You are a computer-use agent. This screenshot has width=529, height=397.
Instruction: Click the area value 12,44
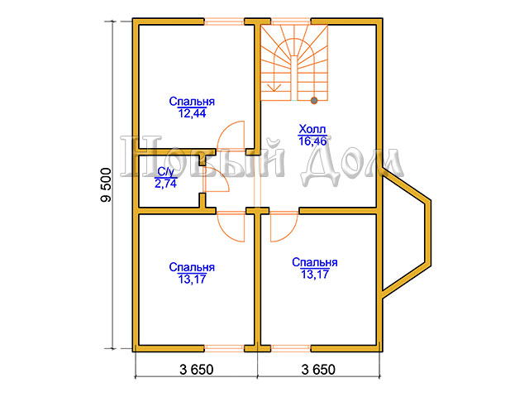[192, 113]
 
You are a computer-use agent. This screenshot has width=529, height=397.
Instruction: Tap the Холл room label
[312, 129]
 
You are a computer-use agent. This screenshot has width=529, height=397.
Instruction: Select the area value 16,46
[312, 141]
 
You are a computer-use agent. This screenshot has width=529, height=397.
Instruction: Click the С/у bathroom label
[165, 172]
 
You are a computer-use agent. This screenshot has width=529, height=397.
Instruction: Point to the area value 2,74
[165, 184]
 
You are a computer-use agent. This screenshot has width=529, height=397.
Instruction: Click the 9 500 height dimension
[106, 185]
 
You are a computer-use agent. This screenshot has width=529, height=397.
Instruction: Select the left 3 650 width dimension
[197, 370]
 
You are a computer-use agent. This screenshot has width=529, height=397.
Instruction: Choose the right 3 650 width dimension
[318, 370]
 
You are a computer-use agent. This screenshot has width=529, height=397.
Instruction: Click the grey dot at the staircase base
[314, 100]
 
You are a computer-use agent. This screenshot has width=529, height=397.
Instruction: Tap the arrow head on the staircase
[275, 88]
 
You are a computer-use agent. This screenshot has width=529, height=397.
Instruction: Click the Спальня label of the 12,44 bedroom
[192, 101]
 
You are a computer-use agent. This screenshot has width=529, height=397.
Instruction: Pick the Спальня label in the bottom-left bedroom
[192, 267]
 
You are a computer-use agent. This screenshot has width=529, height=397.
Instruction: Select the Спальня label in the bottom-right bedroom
[315, 262]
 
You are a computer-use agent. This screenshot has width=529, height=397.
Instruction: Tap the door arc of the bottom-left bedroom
[226, 232]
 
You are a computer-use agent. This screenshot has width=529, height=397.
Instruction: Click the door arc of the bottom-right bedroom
[289, 232]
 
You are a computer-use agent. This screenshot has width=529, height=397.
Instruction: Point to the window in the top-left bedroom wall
[224, 22]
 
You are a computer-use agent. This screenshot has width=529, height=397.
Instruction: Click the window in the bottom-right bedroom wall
[291, 348]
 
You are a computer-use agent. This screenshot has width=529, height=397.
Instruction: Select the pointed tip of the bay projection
[430, 201]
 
